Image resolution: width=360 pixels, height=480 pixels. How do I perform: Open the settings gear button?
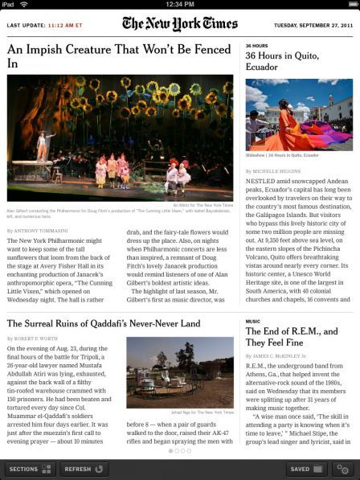click(343, 468)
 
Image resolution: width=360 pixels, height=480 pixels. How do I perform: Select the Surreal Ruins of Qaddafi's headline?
click(104, 323)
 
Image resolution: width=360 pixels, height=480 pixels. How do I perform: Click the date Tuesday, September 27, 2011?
click(313, 25)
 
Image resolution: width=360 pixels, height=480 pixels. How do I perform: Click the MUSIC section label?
click(252, 321)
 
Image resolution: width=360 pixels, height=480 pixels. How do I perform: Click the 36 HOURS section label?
click(256, 46)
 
